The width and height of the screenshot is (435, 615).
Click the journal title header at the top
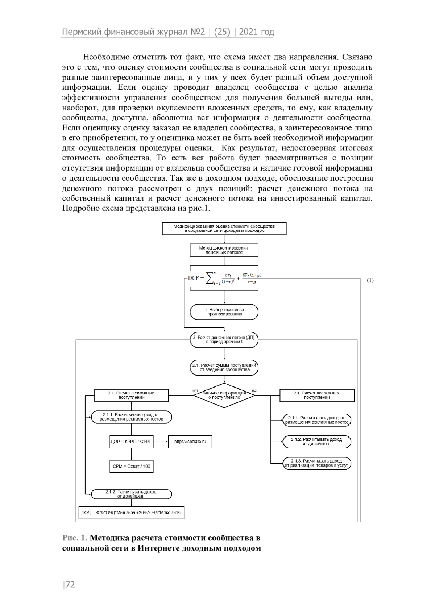click(x=168, y=32)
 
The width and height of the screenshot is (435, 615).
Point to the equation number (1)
click(x=370, y=280)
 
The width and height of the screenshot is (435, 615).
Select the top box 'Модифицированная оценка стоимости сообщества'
click(x=224, y=229)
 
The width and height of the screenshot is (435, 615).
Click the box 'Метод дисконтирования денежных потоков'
click(x=224, y=250)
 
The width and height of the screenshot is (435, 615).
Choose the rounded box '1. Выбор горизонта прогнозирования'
click(x=224, y=312)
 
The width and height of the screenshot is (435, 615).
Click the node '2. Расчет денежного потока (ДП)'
click(x=224, y=340)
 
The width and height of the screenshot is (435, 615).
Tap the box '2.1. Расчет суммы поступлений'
click(x=224, y=367)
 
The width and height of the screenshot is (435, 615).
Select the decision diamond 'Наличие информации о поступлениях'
click(x=224, y=395)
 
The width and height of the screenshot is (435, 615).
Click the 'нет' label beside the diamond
click(x=195, y=391)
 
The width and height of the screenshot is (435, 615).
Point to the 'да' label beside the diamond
click(x=254, y=391)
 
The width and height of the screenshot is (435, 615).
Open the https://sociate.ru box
click(x=190, y=442)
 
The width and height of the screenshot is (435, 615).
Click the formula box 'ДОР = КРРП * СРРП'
click(x=132, y=442)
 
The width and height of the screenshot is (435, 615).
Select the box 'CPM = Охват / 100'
click(x=132, y=467)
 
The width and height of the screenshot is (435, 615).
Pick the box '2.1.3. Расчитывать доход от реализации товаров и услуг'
click(x=317, y=463)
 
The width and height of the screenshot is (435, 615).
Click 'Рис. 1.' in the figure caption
click(x=75, y=538)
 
